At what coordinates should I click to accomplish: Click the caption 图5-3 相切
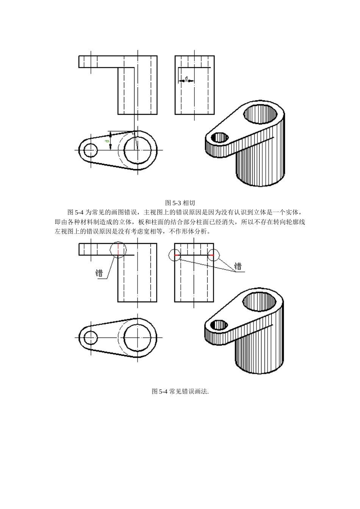point(180,203)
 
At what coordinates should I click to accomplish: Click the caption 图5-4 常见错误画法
point(180,392)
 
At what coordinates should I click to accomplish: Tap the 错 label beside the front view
point(99,273)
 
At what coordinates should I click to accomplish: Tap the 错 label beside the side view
point(238,266)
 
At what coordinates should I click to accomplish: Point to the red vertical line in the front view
point(118,250)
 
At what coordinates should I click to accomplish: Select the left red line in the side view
point(177,255)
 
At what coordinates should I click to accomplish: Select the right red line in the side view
point(211,255)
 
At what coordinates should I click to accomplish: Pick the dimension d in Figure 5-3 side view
point(186,78)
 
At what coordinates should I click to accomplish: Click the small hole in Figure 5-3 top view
point(90,150)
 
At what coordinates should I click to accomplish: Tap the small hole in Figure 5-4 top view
point(90,337)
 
